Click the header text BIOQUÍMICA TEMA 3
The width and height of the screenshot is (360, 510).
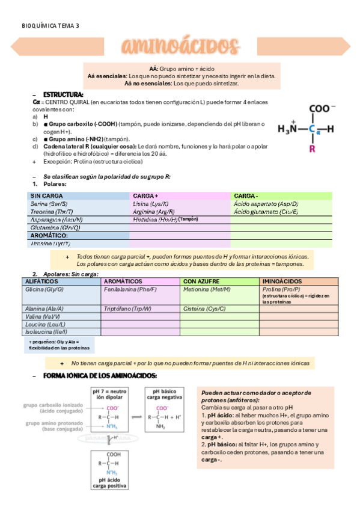[x=50, y=25]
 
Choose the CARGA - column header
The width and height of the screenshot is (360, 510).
[x=246, y=196]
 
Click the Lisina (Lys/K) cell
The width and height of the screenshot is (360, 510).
[x=151, y=204]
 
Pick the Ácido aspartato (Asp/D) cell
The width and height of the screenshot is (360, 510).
[x=266, y=204]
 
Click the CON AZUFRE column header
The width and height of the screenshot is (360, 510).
[x=201, y=281]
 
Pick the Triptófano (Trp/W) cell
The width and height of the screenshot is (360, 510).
[x=127, y=309]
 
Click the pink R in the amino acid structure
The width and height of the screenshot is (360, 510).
[x=312, y=148]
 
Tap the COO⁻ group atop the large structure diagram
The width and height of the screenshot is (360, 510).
[x=323, y=109]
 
